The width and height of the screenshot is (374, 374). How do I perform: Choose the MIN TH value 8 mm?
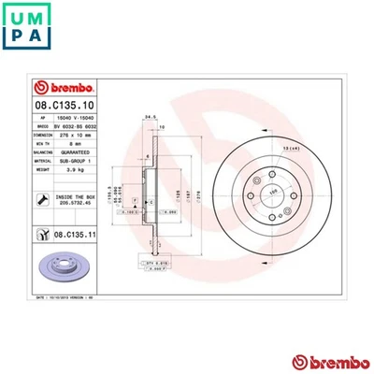79,142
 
